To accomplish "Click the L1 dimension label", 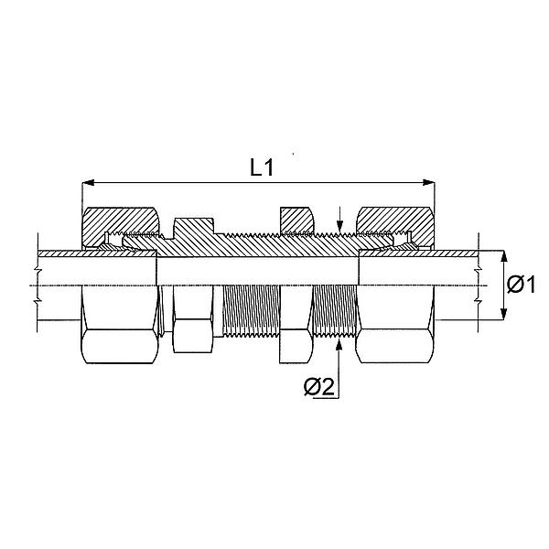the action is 261,167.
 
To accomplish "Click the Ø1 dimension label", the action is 521,285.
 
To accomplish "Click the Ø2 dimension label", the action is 319,387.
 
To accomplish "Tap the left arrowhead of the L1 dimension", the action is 88,182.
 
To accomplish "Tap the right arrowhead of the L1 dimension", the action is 428,182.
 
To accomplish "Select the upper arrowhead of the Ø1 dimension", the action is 503,257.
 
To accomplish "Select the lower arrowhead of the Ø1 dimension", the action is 503,314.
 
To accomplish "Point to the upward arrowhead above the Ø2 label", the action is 339,344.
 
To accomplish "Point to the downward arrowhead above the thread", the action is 339,226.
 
